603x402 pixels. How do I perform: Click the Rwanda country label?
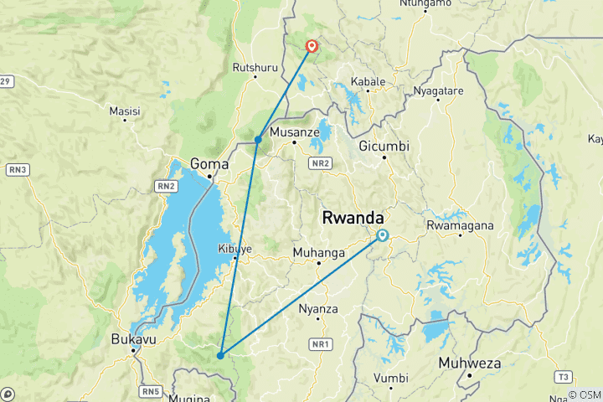[353, 218]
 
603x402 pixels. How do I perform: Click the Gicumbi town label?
[384, 146]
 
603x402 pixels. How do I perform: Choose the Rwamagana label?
[460, 225]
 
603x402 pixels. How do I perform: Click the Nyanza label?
[318, 309]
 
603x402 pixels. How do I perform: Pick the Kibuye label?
[234, 249]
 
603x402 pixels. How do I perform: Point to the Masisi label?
[125, 111]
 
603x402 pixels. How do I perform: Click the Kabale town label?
[368, 82]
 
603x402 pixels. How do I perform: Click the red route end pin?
[312, 46]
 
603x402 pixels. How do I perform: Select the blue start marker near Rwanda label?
[382, 235]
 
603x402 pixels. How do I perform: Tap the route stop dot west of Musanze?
[258, 140]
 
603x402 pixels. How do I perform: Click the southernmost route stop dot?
[219, 355]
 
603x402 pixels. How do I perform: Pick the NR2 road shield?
[318, 163]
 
